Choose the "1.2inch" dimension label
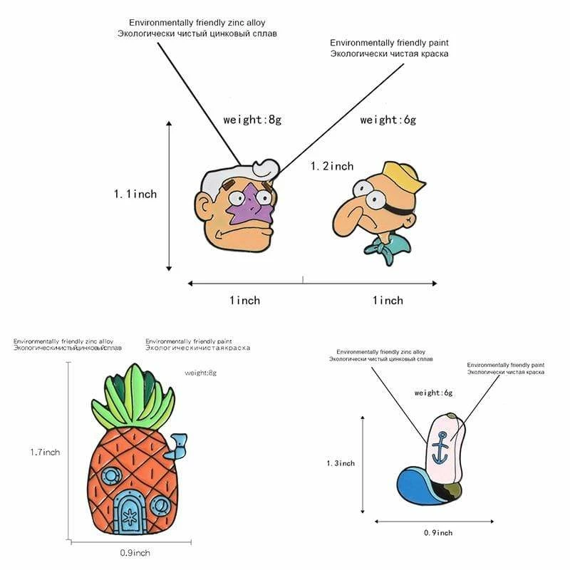[332, 166]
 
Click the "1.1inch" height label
[135, 194]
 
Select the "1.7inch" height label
[45, 451]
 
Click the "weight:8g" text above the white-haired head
[252, 120]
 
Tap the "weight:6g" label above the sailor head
[388, 120]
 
